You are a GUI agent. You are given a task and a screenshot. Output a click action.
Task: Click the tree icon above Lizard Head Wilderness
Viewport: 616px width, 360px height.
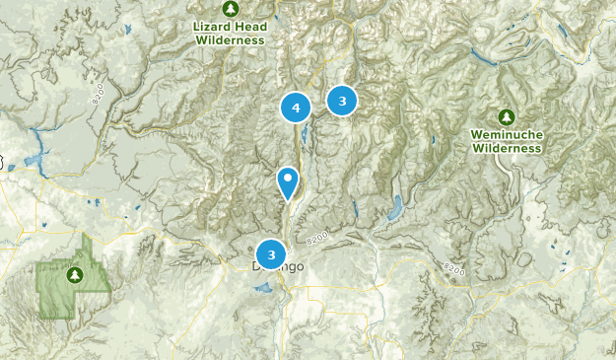[x=230, y=9]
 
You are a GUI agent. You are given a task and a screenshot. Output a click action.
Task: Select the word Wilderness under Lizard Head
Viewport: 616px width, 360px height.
[x=231, y=40]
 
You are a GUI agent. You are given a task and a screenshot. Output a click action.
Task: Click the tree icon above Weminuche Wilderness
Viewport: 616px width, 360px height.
[x=507, y=116]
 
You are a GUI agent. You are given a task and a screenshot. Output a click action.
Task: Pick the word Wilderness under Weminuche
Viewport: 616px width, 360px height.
[x=507, y=148]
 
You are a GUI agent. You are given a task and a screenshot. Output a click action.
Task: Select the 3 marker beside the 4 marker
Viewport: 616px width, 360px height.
[x=342, y=100]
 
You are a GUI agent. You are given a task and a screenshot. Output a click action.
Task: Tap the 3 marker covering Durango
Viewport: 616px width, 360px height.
[x=271, y=254]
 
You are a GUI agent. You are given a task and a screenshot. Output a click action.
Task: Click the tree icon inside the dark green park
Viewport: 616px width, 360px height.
[x=74, y=274]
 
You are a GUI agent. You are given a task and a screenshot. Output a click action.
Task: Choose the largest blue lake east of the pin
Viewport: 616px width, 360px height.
[x=395, y=208]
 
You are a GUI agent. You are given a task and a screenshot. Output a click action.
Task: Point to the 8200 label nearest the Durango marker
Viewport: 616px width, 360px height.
[x=316, y=238]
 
